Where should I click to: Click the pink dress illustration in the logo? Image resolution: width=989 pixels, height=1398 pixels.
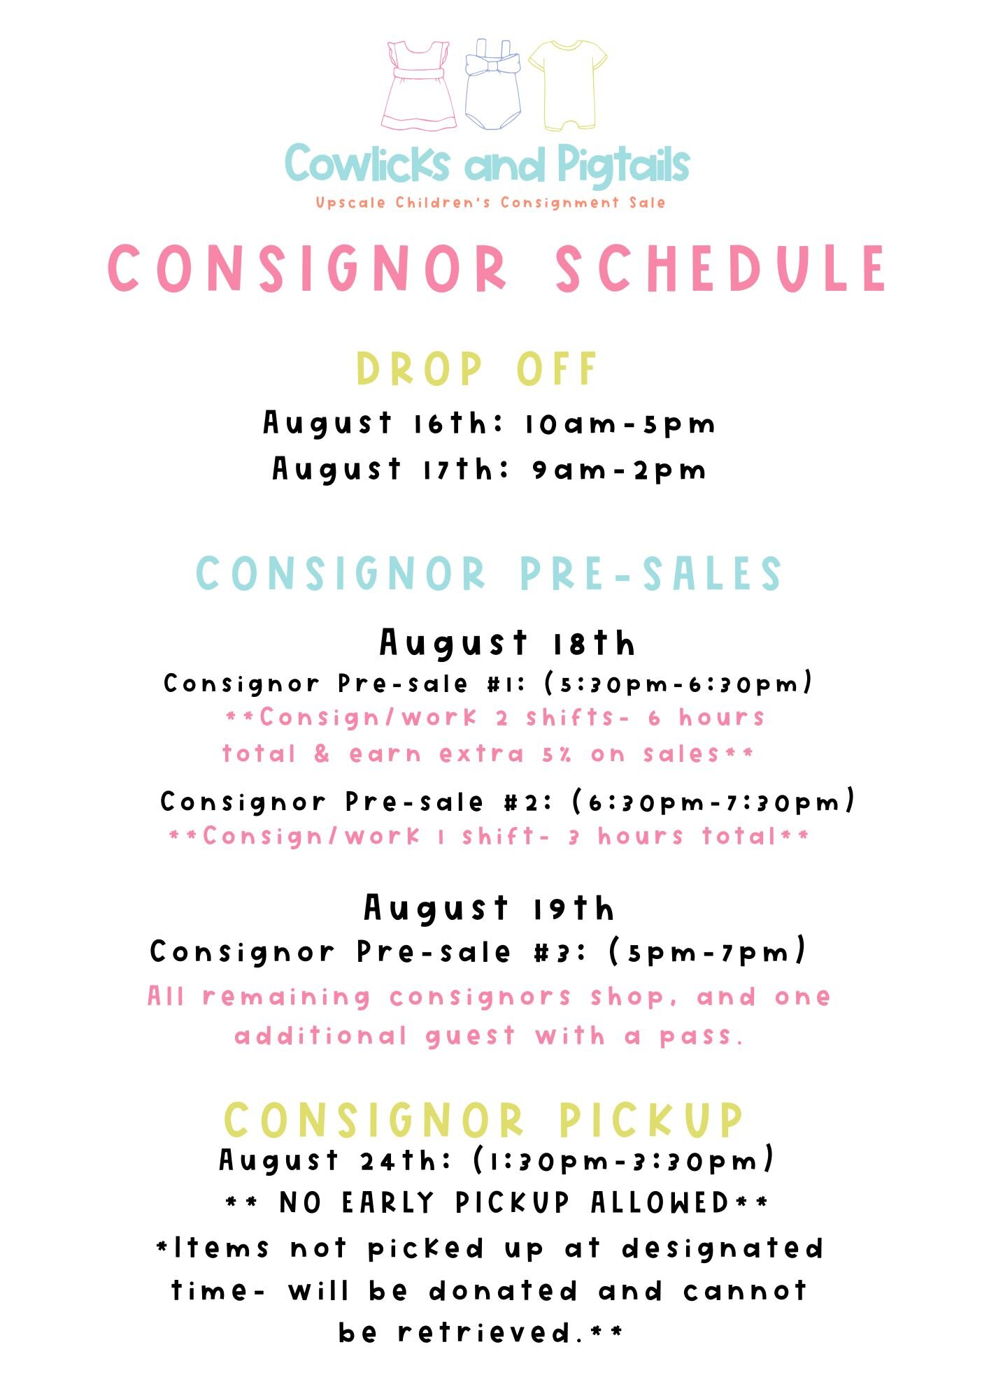(419, 86)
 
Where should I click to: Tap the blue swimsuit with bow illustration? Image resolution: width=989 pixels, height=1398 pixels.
(493, 85)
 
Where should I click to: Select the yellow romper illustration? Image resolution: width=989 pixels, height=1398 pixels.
(567, 85)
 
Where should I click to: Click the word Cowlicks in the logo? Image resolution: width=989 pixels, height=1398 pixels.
(367, 164)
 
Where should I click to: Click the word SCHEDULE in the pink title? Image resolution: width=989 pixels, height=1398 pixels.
(721, 268)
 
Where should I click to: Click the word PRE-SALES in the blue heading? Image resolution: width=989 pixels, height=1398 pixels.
(650, 574)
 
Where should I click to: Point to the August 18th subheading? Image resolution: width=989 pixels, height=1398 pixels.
(507, 643)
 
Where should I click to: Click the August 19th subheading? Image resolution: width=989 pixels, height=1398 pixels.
(490, 908)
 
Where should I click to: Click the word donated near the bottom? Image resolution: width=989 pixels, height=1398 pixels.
(503, 1291)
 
